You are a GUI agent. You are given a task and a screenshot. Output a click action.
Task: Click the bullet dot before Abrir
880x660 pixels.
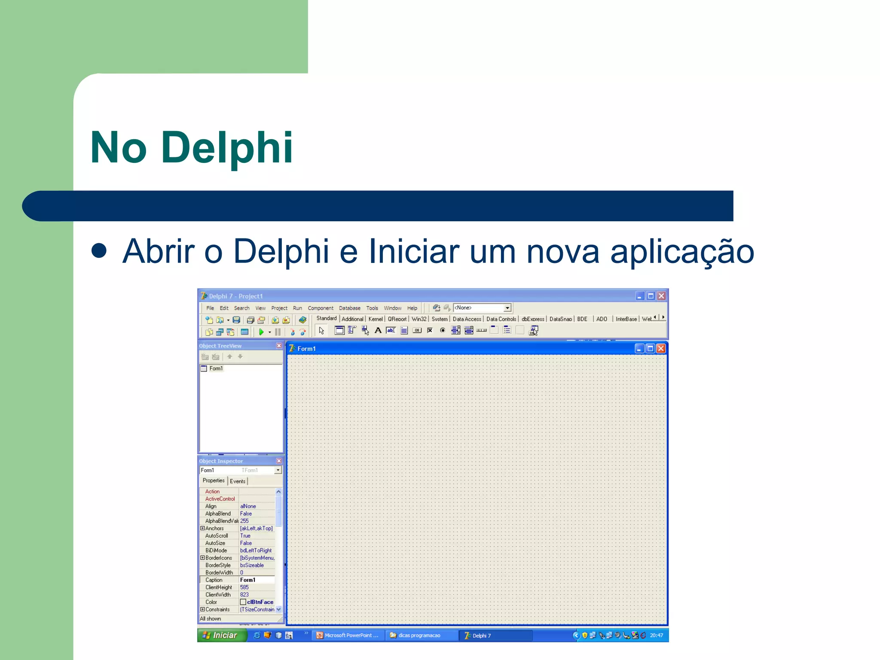coord(99,251)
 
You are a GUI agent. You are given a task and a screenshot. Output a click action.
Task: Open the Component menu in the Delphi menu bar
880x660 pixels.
coord(320,308)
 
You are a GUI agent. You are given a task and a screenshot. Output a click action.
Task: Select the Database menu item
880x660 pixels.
coord(349,308)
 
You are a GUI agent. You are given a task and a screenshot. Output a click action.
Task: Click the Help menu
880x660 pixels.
coord(412,308)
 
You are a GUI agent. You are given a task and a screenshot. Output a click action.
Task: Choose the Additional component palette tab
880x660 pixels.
coord(352,319)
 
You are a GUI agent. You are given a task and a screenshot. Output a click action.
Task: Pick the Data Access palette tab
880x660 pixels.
coord(467,319)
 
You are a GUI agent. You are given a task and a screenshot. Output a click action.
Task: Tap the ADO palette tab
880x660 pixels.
coord(602,319)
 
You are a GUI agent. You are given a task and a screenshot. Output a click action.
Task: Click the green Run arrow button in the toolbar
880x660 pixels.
coord(261,332)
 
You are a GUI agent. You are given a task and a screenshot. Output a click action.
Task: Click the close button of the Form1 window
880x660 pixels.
coord(661,348)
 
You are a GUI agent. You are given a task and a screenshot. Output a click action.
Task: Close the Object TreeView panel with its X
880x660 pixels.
coord(279,346)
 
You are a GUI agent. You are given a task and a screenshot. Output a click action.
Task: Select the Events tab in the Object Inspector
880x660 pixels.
coord(238,481)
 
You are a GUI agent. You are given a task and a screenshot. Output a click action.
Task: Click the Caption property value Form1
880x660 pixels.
coord(248,580)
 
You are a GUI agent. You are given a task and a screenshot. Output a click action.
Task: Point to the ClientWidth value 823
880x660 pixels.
coord(244,595)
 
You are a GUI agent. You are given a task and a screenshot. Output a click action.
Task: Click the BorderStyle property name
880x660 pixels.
coord(218,565)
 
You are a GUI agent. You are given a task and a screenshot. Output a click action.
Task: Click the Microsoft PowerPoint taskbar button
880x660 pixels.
coord(348,636)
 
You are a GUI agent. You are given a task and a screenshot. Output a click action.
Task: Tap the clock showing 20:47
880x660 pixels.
coord(656,636)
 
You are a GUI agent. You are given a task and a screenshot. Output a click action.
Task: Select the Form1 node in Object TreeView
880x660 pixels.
coord(216,369)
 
